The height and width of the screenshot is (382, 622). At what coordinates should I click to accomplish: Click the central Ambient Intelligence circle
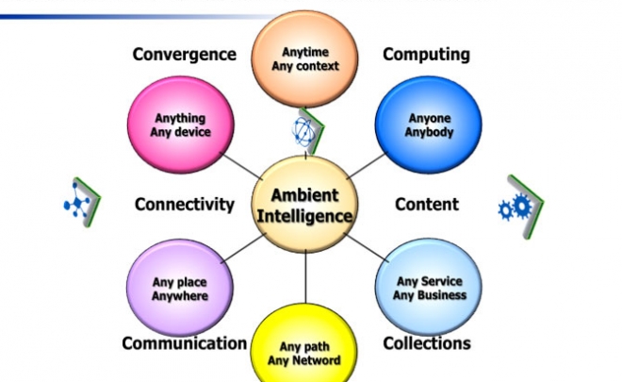(305, 204)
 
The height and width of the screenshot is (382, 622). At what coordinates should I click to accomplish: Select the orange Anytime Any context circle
(304, 58)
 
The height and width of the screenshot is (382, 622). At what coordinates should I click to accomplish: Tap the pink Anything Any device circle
(181, 125)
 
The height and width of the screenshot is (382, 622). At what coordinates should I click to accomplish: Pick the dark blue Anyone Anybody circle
(429, 125)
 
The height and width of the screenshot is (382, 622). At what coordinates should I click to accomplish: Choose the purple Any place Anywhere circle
(180, 288)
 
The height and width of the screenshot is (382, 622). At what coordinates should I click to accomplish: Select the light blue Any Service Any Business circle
(429, 287)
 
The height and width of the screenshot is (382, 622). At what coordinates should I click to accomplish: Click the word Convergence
(185, 55)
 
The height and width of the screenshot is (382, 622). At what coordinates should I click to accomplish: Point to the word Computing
(426, 55)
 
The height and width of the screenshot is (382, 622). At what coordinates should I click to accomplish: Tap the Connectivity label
(185, 205)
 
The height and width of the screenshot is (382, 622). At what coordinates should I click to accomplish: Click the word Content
(427, 205)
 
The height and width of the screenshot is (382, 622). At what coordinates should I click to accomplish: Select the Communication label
(185, 343)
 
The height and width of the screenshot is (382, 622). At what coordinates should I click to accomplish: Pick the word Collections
(427, 343)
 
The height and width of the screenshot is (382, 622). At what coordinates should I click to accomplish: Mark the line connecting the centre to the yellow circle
(305, 277)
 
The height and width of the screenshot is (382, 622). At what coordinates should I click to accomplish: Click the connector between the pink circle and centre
(240, 166)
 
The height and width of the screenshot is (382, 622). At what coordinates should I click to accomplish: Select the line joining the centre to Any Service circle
(368, 248)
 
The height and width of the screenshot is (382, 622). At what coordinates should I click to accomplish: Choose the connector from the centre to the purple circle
(243, 248)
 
